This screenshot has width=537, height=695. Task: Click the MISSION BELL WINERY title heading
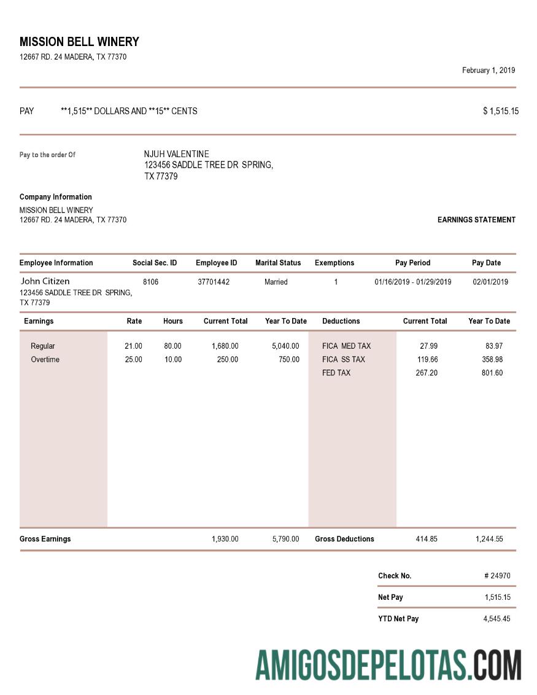pos(79,42)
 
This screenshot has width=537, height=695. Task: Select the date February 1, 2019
pos(489,70)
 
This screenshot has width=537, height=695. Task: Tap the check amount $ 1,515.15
pos(501,111)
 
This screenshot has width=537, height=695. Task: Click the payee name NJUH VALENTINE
pos(176,154)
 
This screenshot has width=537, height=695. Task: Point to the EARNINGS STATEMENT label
pos(476,220)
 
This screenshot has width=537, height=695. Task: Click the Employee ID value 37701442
pos(214,282)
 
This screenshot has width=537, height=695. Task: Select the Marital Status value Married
pos(276,282)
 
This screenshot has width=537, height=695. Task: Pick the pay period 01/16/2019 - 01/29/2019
pos(412,282)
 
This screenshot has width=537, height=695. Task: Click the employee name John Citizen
pos(45,281)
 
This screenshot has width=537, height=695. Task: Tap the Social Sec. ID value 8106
pos(150,282)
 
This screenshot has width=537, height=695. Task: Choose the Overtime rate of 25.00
pos(133,359)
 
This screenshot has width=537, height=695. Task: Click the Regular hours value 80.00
pos(172,346)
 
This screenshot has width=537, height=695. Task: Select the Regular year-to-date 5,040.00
pos(285,346)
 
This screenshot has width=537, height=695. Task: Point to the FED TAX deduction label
pos(336,373)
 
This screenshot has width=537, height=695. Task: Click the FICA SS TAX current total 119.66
pos(427,359)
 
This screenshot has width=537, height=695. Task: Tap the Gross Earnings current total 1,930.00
pos(225,538)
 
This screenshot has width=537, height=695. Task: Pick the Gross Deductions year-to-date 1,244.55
pos(489,538)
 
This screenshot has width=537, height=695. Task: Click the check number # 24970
pos(497,576)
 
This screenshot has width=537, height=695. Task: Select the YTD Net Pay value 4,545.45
pos(496,618)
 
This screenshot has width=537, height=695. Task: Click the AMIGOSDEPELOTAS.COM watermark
pos(388,665)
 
